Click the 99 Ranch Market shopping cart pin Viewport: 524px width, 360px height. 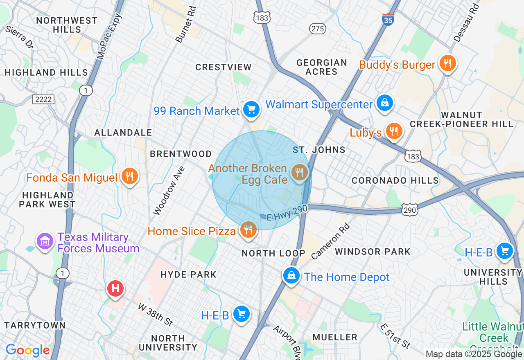251,109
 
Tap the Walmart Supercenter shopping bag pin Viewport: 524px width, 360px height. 385,103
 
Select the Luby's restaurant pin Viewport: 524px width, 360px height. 394,131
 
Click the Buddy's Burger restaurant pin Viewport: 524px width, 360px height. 448,63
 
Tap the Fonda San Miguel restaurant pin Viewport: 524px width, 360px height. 130,176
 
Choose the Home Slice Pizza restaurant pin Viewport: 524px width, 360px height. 248,230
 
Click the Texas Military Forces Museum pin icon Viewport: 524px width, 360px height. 45,241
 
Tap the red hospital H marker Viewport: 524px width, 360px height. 115,288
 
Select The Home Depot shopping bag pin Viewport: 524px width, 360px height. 291,276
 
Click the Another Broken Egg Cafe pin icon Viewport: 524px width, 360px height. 300,173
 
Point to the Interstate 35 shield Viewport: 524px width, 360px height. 388,19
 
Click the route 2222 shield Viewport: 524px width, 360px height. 44,99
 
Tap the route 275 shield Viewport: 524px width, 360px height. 318,28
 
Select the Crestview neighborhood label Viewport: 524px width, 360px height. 223,67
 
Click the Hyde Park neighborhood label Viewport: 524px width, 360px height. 188,274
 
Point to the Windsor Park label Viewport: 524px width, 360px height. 373,252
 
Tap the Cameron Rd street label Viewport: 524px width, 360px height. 331,241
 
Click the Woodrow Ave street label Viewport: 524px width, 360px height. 169,190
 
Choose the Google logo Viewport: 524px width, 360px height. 28,351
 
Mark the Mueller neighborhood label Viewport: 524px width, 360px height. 335,337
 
